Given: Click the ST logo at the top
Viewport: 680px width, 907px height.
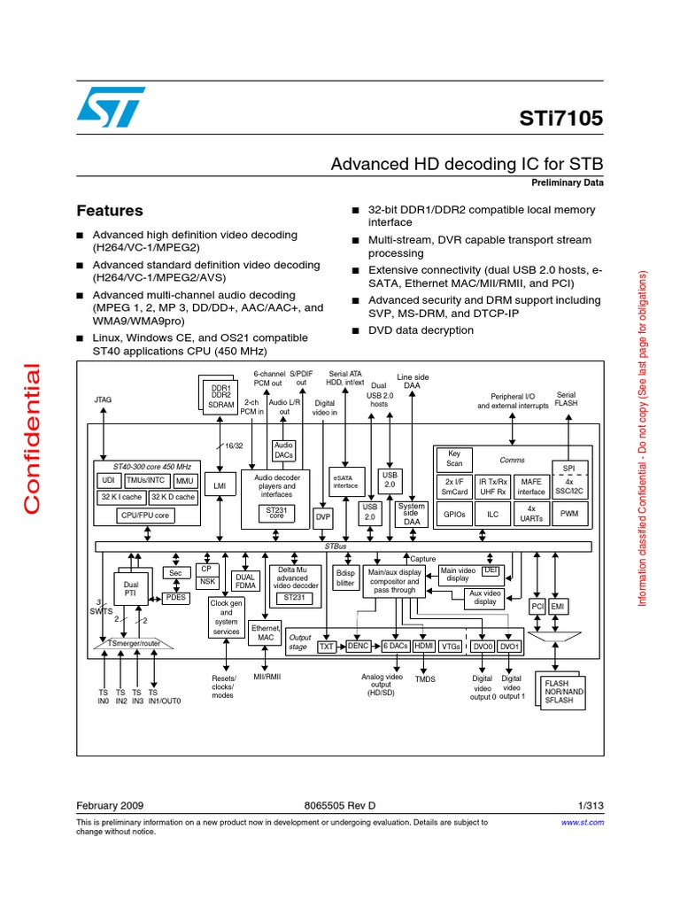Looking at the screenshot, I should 109,106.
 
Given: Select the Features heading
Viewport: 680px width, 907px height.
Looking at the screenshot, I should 110,211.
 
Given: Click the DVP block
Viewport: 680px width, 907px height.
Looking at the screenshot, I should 323,515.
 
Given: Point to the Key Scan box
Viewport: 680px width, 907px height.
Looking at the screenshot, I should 454,458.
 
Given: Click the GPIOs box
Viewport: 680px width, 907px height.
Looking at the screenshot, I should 454,512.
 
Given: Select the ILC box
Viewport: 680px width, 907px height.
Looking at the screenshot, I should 492,512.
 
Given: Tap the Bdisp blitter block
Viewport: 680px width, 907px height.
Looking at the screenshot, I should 344,578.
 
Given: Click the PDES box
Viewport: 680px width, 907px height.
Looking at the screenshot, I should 175,598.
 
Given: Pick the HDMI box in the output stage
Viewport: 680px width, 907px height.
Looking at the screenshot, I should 423,647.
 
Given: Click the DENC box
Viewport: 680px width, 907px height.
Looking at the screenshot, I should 358,647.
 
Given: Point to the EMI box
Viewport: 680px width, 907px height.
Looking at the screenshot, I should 558,607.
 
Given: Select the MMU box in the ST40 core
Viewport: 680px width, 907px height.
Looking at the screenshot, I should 184,481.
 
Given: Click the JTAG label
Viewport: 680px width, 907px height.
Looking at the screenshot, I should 104,400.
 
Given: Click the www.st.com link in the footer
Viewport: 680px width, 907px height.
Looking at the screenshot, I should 583,822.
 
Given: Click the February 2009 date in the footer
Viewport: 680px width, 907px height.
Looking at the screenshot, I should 111,806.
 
